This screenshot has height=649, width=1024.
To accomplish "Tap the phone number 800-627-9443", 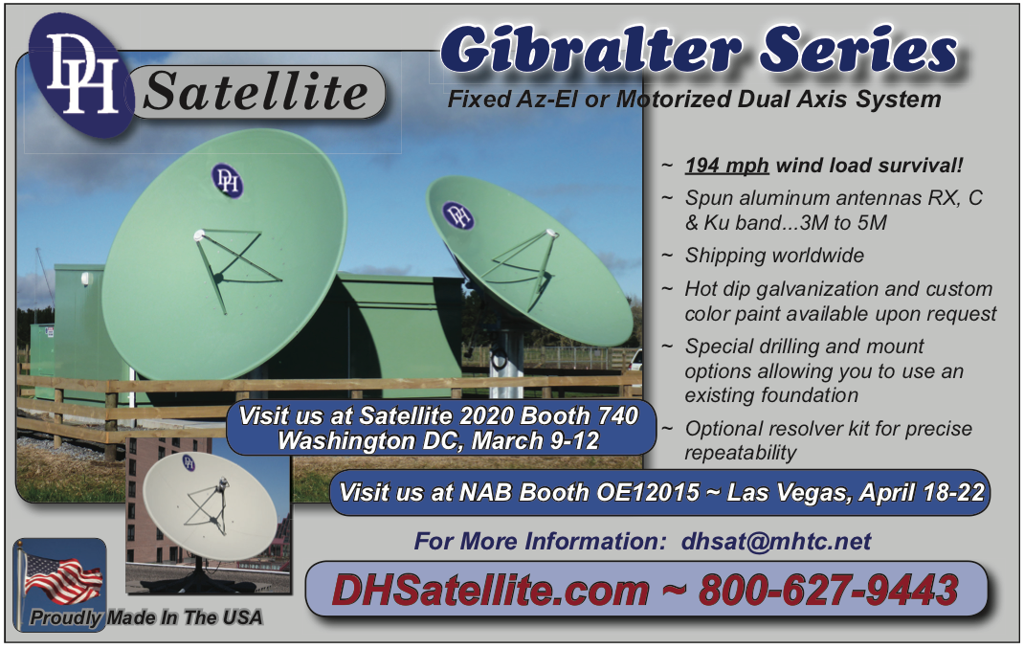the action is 829,590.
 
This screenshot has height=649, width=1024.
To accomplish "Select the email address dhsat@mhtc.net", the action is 776,541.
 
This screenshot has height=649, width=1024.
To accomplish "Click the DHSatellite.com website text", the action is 490,590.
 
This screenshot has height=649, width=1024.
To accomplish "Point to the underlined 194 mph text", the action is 726,166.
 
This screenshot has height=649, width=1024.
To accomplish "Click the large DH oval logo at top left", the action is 81,75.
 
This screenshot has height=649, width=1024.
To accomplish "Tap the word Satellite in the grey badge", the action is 256,91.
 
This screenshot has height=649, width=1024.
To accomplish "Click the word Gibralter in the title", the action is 590,51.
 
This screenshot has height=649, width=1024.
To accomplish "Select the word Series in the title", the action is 858,50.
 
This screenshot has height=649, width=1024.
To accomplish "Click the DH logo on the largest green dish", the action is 227,181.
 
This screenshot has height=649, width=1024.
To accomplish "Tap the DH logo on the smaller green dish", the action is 457,215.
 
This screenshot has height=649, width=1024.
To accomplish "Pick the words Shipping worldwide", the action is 774,256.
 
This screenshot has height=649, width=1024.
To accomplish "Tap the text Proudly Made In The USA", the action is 146,617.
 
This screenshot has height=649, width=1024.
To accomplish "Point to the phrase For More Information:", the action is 541,541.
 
